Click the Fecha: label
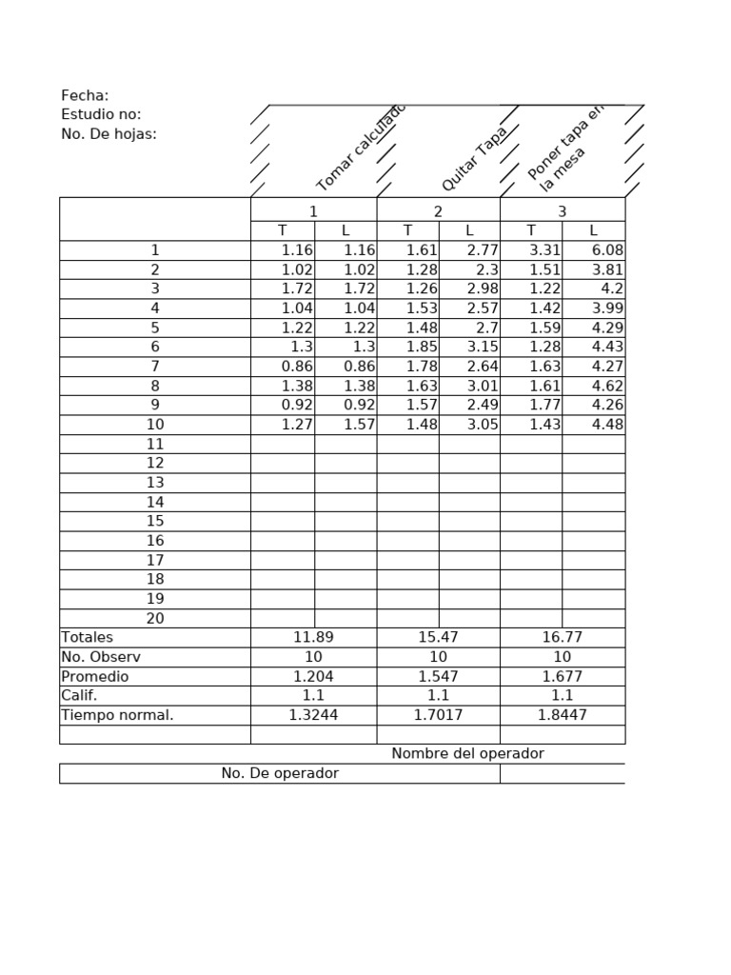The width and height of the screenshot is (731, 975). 85,95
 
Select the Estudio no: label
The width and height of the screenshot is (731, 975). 101,114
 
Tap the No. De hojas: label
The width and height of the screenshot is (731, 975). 109,134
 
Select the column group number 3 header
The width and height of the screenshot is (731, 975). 562,211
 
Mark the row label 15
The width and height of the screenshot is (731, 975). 155,522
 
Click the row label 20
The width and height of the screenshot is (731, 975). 155,619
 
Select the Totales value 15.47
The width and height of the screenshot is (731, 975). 438,638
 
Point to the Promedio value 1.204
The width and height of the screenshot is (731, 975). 313,677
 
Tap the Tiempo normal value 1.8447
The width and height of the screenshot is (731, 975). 562,716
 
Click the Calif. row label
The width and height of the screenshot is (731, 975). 79,696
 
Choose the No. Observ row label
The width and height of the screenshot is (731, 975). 101,657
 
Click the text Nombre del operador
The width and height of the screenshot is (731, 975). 467,754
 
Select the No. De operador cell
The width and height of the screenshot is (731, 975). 280,774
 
